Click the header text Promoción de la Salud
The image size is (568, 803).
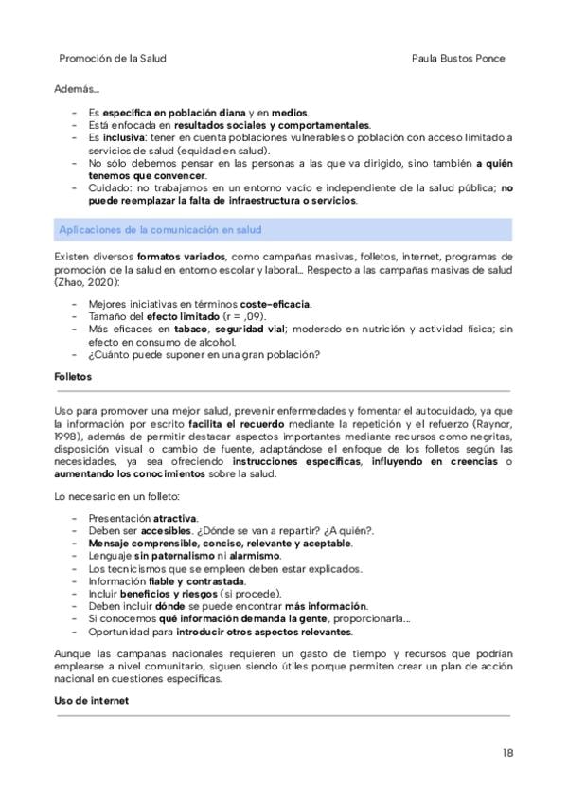(x=113, y=58)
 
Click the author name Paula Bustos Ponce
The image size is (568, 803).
(x=459, y=58)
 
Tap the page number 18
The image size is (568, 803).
(x=507, y=754)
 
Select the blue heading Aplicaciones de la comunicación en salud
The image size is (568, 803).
(x=160, y=230)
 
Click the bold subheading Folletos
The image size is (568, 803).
(x=73, y=376)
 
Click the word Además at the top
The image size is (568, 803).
(x=77, y=90)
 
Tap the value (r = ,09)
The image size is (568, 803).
(x=244, y=315)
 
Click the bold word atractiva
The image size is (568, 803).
(x=175, y=519)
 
